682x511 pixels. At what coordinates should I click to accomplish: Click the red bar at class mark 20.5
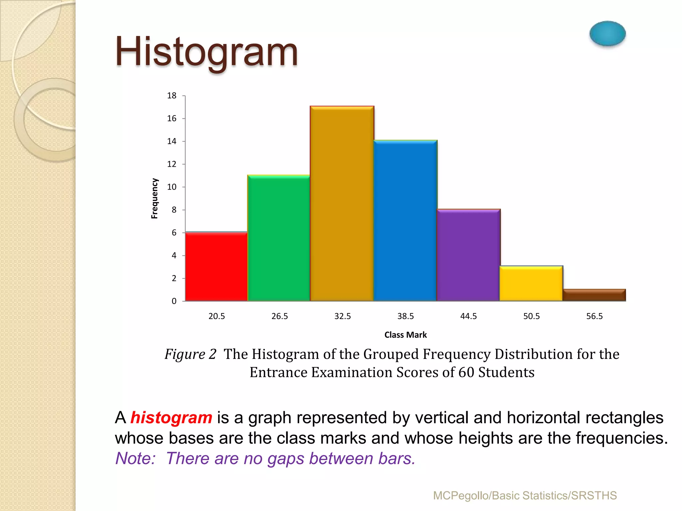pyautogui.click(x=216, y=266)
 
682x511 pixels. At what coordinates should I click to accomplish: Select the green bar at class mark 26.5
pyautogui.click(x=279, y=238)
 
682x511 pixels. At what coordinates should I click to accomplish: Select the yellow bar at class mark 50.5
pyautogui.click(x=531, y=283)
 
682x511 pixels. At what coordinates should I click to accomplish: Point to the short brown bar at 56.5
pyautogui.click(x=594, y=295)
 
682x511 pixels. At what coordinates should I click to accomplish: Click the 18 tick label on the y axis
pyautogui.click(x=171, y=96)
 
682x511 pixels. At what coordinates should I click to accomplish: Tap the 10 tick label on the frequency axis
pyautogui.click(x=171, y=187)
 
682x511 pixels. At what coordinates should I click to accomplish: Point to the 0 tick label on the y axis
pyautogui.click(x=174, y=301)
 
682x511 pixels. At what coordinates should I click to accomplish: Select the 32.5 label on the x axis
pyautogui.click(x=342, y=316)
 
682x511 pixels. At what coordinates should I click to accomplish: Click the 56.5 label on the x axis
pyautogui.click(x=594, y=316)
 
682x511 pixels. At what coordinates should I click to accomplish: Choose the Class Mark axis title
pyautogui.click(x=405, y=335)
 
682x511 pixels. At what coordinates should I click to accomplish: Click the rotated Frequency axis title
pyautogui.click(x=155, y=199)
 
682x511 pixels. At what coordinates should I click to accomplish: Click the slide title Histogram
pyautogui.click(x=206, y=53)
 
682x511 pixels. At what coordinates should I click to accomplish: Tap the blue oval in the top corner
pyautogui.click(x=607, y=34)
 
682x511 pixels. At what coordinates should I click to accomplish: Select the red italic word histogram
pyautogui.click(x=171, y=418)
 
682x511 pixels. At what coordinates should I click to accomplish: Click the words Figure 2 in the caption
pyautogui.click(x=190, y=354)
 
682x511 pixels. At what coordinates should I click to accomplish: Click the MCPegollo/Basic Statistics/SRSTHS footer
pyautogui.click(x=525, y=496)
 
